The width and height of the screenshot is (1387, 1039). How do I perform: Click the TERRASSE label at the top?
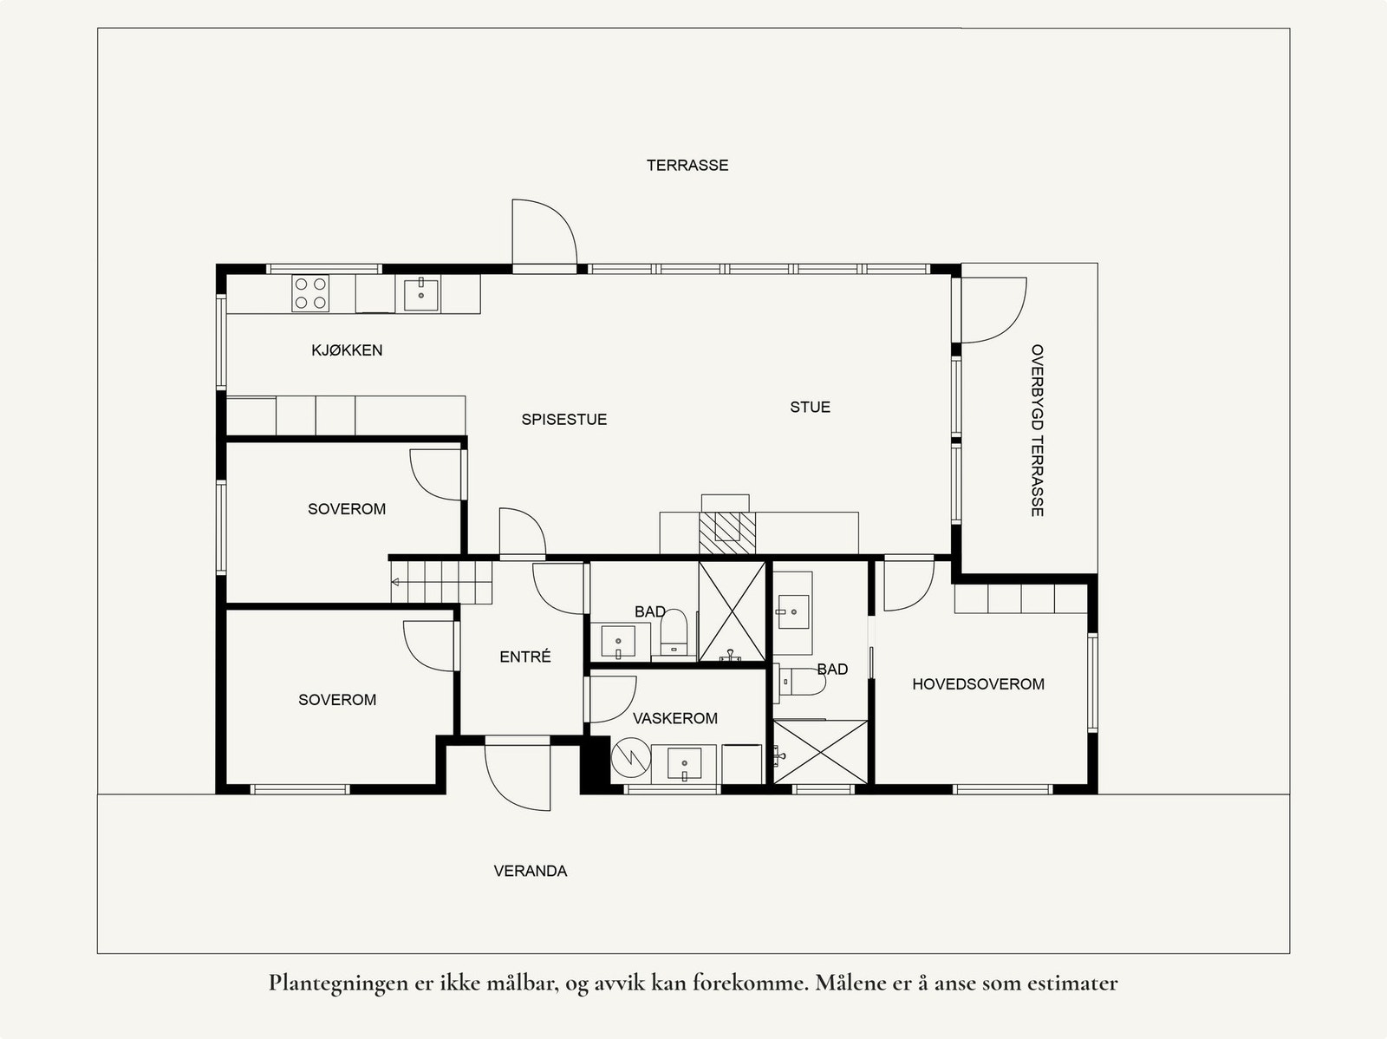pyautogui.click(x=687, y=165)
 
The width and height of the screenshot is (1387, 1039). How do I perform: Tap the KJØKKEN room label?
pyautogui.click(x=347, y=350)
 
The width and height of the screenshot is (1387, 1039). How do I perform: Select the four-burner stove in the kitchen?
pyautogui.click(x=310, y=292)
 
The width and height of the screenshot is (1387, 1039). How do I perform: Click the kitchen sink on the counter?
pyautogui.click(x=421, y=293)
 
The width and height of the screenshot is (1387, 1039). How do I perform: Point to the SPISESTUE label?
pyautogui.click(x=563, y=420)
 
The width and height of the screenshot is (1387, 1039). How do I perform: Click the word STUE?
pyautogui.click(x=810, y=407)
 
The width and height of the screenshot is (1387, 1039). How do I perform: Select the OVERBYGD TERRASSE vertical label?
pyautogui.click(x=1037, y=430)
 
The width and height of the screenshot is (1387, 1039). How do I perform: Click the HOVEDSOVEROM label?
pyautogui.click(x=978, y=684)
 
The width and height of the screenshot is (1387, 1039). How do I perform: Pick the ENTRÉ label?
pyautogui.click(x=525, y=657)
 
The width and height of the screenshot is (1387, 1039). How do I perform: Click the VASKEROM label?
pyautogui.click(x=674, y=718)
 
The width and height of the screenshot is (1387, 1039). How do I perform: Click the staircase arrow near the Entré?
pyautogui.click(x=399, y=581)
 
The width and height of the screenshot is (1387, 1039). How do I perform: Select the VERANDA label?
pyautogui.click(x=531, y=871)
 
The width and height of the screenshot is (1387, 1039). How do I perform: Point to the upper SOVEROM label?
pyautogui.click(x=347, y=509)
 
